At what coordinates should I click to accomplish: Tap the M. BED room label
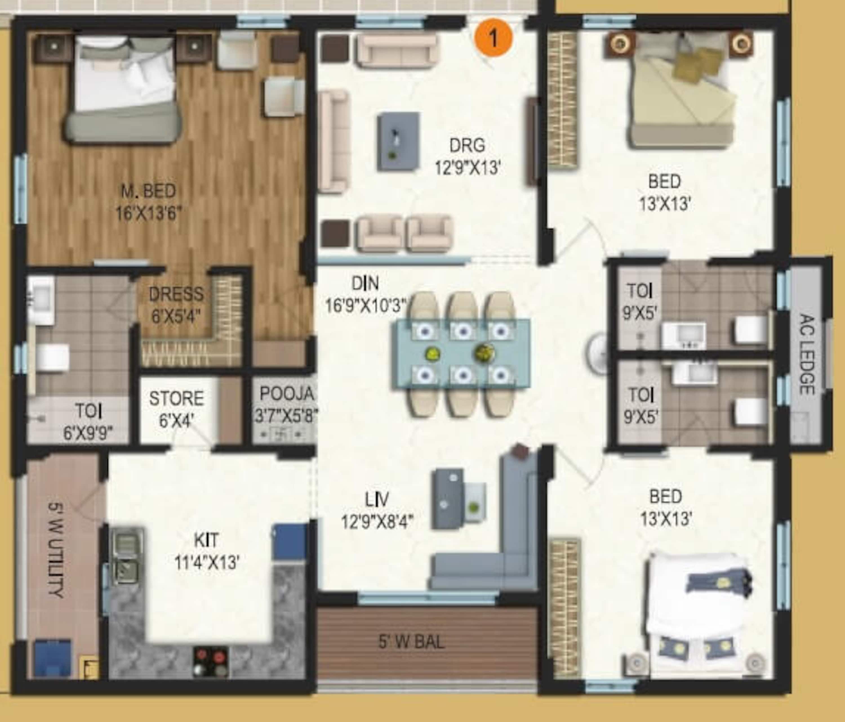[148, 191]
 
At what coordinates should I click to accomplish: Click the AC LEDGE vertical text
[806, 354]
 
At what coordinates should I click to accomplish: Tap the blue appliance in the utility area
[53, 657]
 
